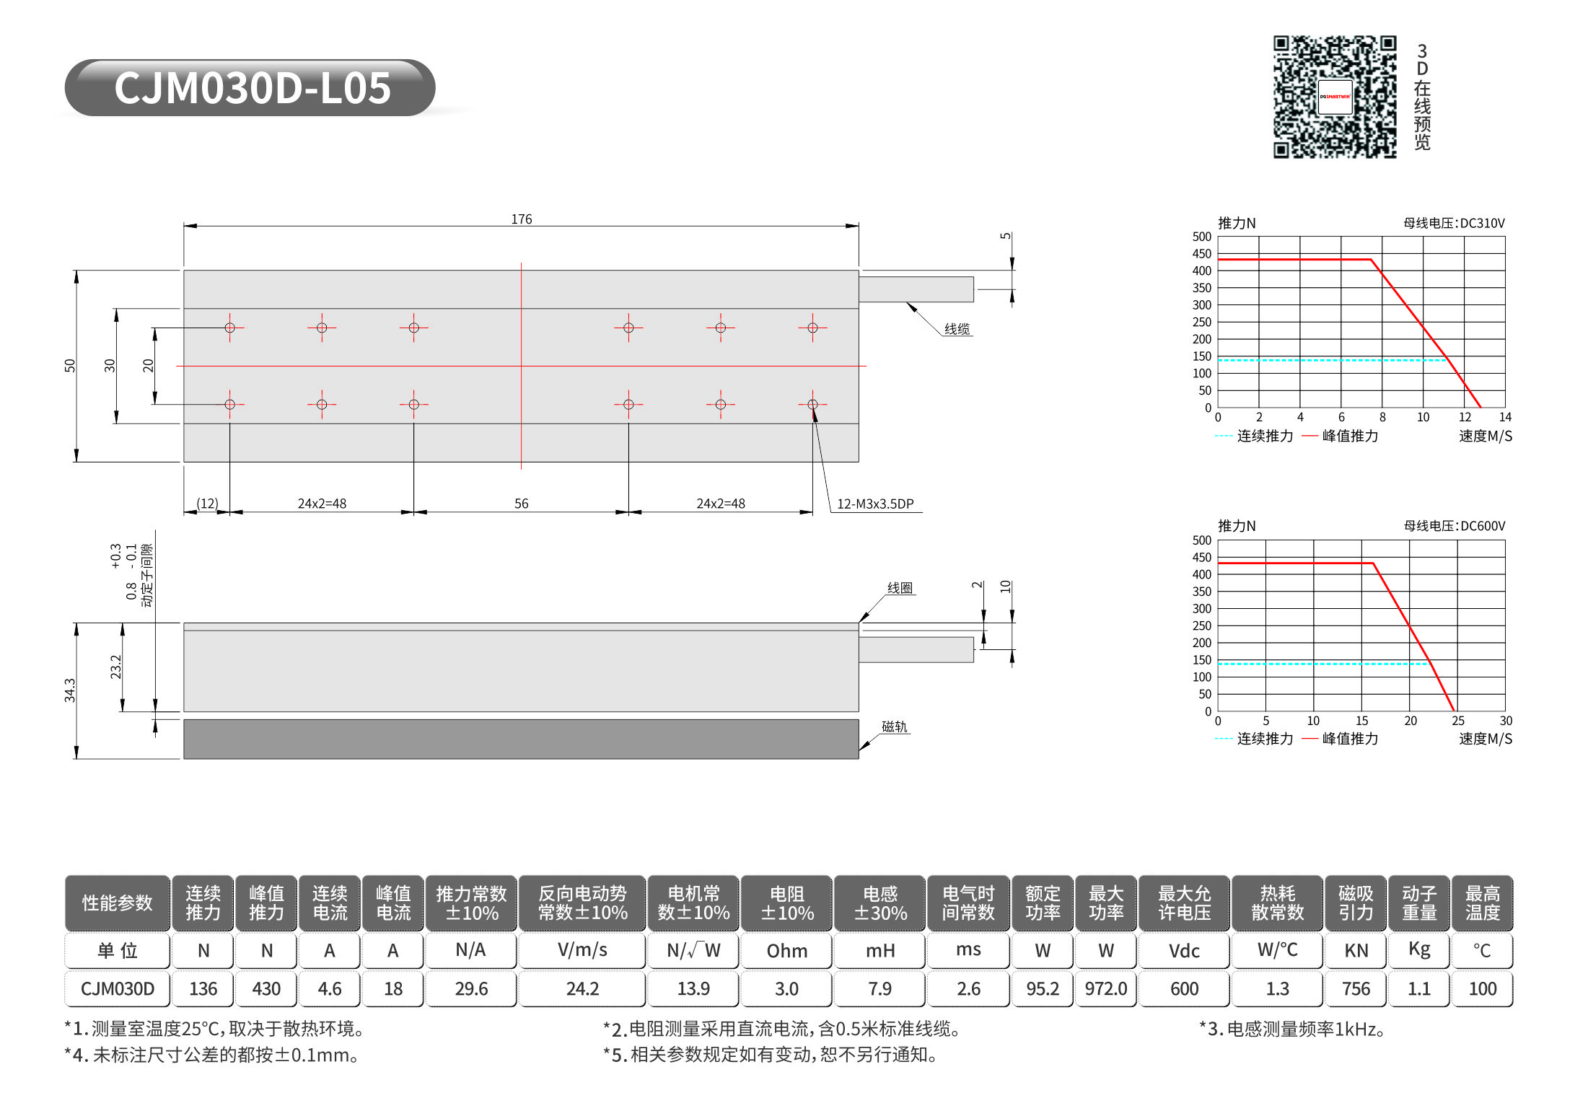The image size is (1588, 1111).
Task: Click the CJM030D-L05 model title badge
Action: (250, 88)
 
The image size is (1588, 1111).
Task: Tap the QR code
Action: (1334, 97)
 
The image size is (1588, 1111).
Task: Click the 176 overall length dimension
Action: (522, 219)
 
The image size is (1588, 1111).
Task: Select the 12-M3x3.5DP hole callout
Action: (875, 504)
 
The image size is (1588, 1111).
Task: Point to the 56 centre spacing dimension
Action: (521, 504)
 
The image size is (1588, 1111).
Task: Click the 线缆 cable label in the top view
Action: (957, 329)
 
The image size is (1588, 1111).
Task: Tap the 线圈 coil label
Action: (900, 588)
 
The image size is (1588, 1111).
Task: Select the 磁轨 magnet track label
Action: (895, 726)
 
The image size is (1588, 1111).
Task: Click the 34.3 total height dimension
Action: (69, 690)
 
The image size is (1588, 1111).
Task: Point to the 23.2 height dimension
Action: (115, 667)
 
